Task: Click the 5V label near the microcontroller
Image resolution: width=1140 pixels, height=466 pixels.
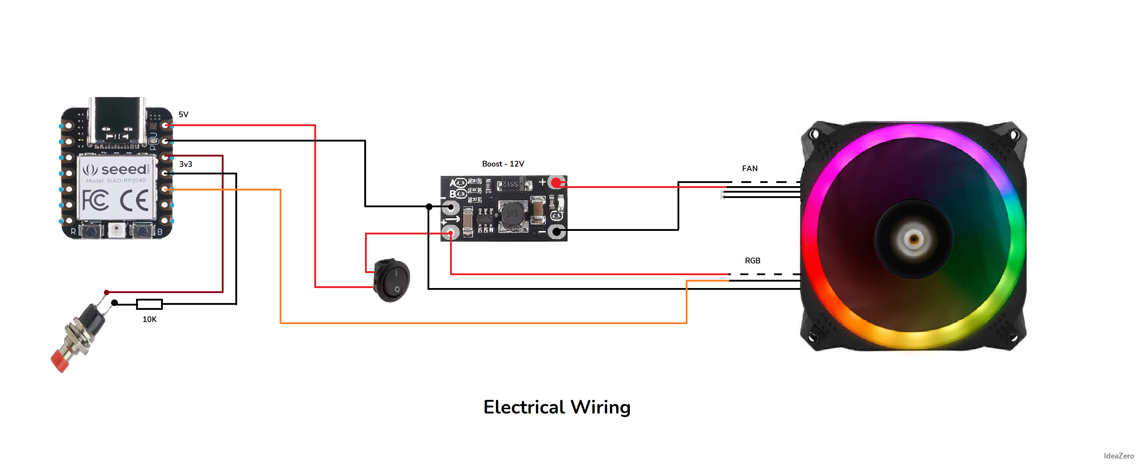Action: pos(183,114)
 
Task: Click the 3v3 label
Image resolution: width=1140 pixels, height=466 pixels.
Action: pos(185,164)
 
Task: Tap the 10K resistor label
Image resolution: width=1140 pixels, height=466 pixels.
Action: pos(149,319)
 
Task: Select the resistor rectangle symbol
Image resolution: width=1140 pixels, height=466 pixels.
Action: pos(149,304)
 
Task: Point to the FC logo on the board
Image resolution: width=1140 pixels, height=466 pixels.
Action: pos(95,200)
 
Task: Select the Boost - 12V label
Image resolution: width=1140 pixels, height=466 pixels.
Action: pos(503,164)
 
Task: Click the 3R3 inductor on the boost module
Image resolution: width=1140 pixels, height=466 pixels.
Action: pos(512,214)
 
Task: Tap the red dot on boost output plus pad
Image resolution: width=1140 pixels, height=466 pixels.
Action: pos(556,183)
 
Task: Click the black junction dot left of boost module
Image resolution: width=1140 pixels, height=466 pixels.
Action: pos(429,207)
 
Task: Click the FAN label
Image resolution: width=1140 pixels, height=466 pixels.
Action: pos(749,168)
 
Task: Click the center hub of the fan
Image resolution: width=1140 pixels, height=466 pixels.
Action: pos(914,239)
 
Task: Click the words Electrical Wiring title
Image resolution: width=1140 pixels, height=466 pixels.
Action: pos(557,407)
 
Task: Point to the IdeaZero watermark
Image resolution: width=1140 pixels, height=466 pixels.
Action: pos(1118,455)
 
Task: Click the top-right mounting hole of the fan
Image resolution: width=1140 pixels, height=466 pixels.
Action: pos(1014,134)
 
